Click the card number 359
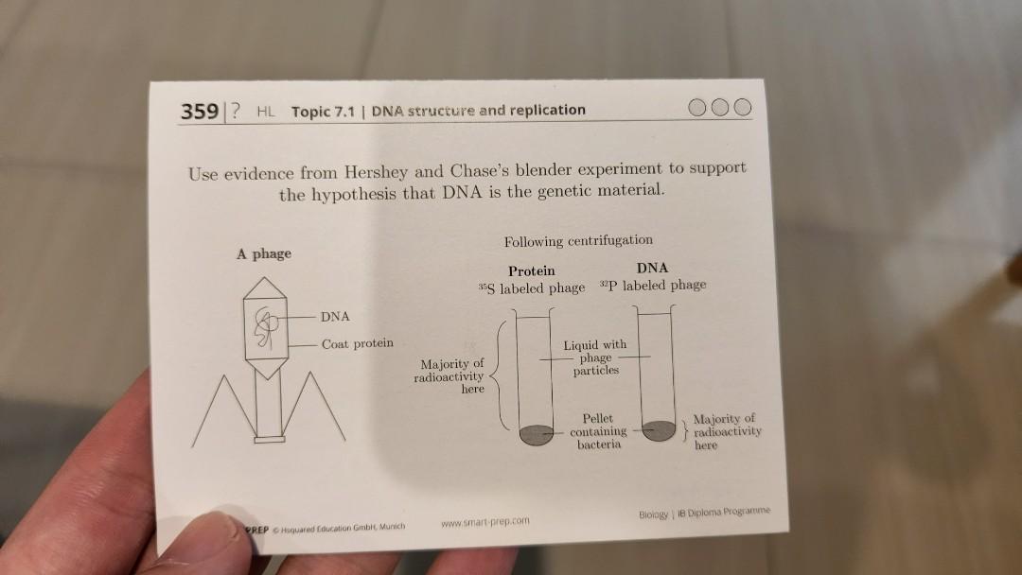tap(200, 112)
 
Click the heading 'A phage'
tap(264, 253)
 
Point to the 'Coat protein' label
tap(357, 343)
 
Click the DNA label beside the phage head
tap(335, 316)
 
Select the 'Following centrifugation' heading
tap(578, 240)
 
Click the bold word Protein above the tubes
tap(531, 270)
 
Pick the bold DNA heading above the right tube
tap(653, 269)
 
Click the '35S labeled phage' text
tap(532, 287)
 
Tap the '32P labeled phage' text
tap(653, 286)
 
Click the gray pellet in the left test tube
tap(536, 435)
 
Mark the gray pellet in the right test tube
tap(659, 428)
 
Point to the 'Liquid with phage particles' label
tap(594, 357)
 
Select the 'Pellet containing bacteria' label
tap(597, 430)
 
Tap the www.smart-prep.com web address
tap(485, 521)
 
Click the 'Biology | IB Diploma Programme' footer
tap(704, 512)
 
